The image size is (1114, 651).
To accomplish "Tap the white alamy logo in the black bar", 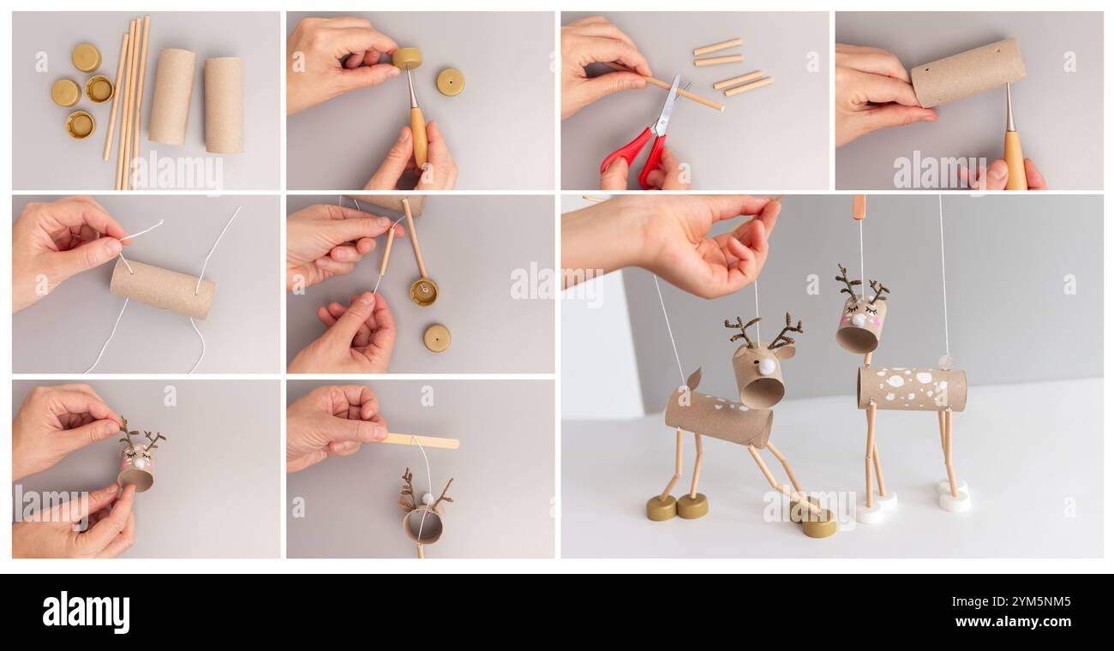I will click(86, 613).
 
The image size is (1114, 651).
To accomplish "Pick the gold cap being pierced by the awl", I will click(407, 57).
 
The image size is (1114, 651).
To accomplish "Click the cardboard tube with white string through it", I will click(162, 289).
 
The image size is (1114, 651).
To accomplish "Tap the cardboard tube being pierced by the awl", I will click(967, 72).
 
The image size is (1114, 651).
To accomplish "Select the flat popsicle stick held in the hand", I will click(421, 441).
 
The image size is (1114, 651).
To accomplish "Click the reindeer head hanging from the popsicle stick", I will click(423, 519).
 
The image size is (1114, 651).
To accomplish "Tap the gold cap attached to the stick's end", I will click(423, 292).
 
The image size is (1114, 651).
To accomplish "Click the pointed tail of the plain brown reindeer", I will click(692, 379).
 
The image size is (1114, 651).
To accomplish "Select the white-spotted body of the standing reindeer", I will click(911, 388).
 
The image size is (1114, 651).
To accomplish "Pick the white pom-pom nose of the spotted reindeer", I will click(858, 320).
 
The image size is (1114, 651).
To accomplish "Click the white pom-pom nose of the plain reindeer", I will click(766, 367).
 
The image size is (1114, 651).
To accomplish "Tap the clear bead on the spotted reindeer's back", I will click(945, 361).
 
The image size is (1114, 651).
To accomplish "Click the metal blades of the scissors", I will click(667, 107).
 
